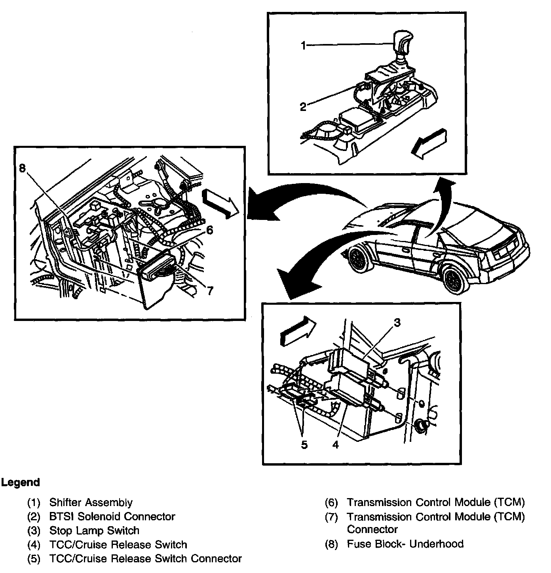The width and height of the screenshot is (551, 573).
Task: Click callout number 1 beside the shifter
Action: pyautogui.click(x=304, y=46)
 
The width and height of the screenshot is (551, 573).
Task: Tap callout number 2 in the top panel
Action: pyautogui.click(x=303, y=107)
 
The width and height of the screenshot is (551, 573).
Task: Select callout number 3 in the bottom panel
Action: pyautogui.click(x=397, y=323)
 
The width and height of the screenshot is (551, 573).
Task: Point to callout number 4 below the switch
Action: pyautogui.click(x=336, y=445)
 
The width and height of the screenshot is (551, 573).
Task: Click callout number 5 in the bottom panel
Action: pyautogui.click(x=304, y=445)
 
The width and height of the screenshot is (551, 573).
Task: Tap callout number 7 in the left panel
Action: pyautogui.click(x=210, y=291)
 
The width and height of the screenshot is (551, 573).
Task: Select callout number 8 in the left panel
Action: pyautogui.click(x=22, y=168)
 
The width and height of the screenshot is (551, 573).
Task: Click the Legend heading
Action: pyautogui.click(x=21, y=483)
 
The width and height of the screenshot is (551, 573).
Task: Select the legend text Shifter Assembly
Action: pyautogui.click(x=91, y=502)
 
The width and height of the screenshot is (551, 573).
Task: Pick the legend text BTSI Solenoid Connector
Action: pyautogui.click(x=112, y=516)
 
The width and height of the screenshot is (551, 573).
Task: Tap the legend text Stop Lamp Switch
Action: pyautogui.click(x=94, y=530)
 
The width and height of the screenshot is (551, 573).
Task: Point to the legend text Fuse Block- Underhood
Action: pyautogui.click(x=405, y=544)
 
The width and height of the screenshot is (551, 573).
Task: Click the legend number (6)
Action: pyautogui.click(x=331, y=502)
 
